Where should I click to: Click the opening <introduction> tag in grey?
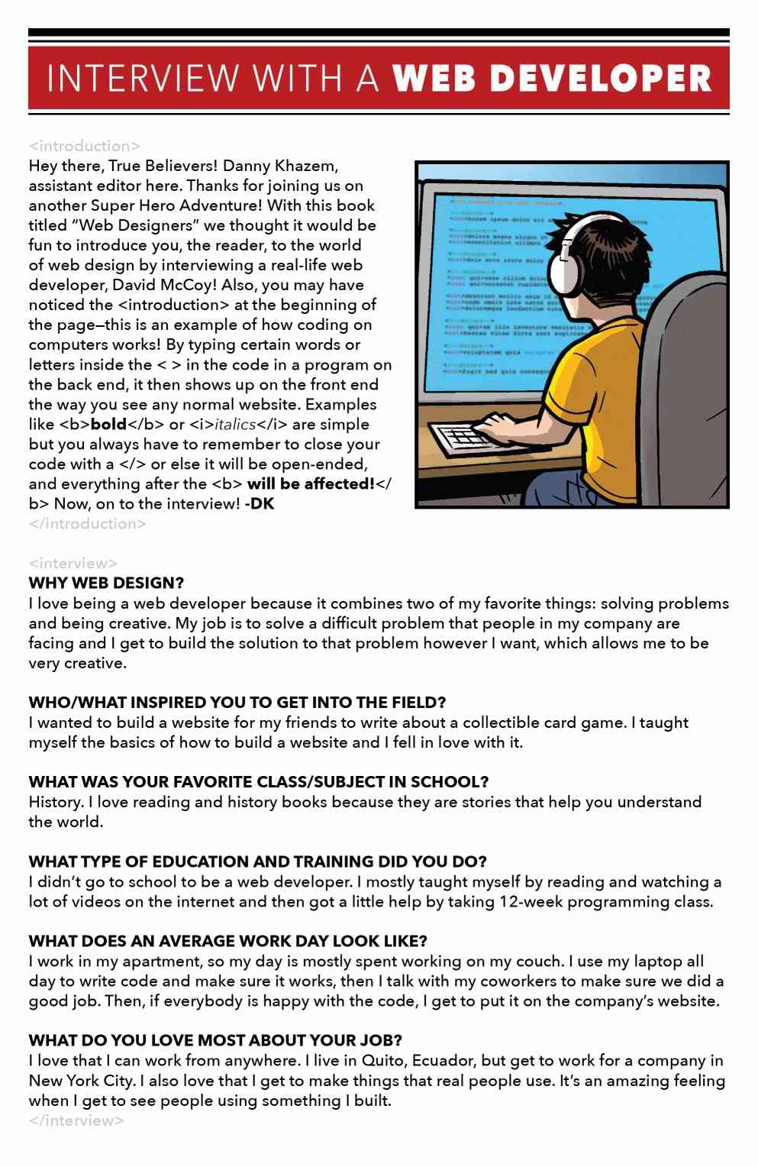coord(84,146)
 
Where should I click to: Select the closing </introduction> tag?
coord(87,524)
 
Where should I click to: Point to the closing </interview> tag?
coord(76,1120)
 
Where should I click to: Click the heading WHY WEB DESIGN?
coord(106,583)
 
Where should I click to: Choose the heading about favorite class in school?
coord(258,782)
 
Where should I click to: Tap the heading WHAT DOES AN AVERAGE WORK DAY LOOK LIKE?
coord(227,941)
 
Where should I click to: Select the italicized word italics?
coord(235,425)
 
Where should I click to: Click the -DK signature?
coord(260,504)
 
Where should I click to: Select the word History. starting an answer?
coord(56,802)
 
